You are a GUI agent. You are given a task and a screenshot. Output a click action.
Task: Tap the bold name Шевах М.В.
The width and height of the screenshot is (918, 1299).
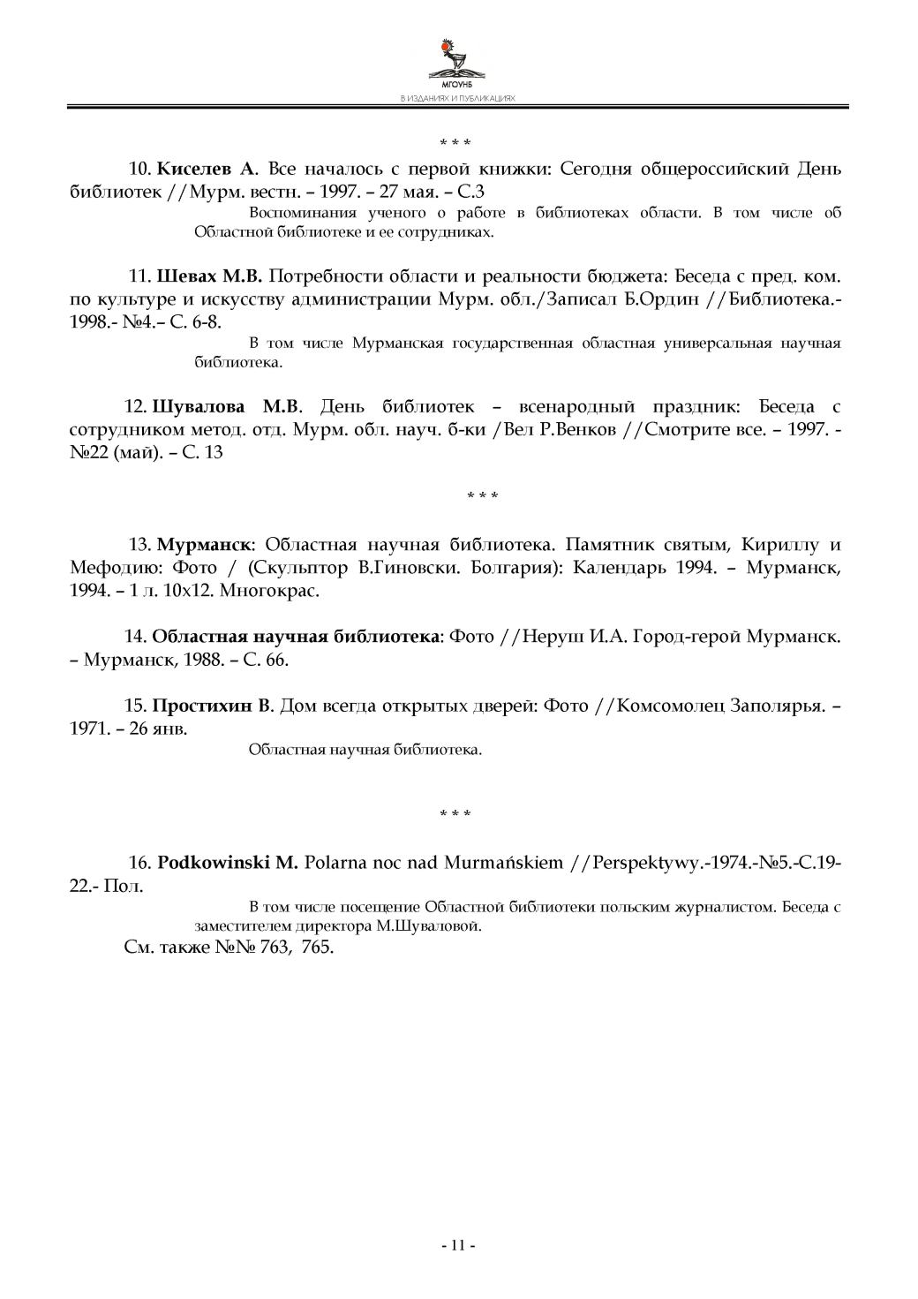(210, 276)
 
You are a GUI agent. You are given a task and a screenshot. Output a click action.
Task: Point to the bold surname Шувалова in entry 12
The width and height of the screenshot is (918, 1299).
(199, 407)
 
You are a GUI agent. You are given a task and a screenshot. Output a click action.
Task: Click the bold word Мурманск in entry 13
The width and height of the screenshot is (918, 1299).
(205, 543)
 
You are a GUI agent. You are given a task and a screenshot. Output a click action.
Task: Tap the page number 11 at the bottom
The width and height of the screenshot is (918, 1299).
(458, 1245)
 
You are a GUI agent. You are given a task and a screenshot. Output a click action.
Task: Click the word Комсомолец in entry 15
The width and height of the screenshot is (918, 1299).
(669, 706)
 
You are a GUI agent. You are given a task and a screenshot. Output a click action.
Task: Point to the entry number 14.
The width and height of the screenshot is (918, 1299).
(134, 636)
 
